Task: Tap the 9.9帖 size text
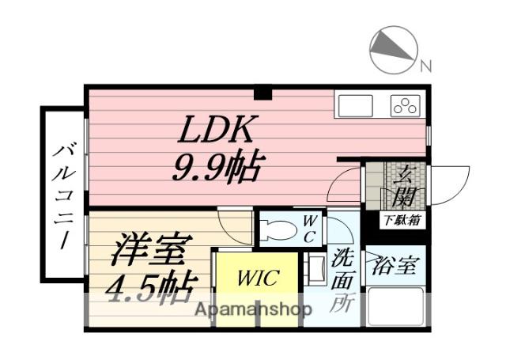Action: tap(218, 165)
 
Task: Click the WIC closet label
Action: tap(256, 279)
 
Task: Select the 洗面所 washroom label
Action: tap(342, 278)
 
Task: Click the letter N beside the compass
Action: tap(425, 66)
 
